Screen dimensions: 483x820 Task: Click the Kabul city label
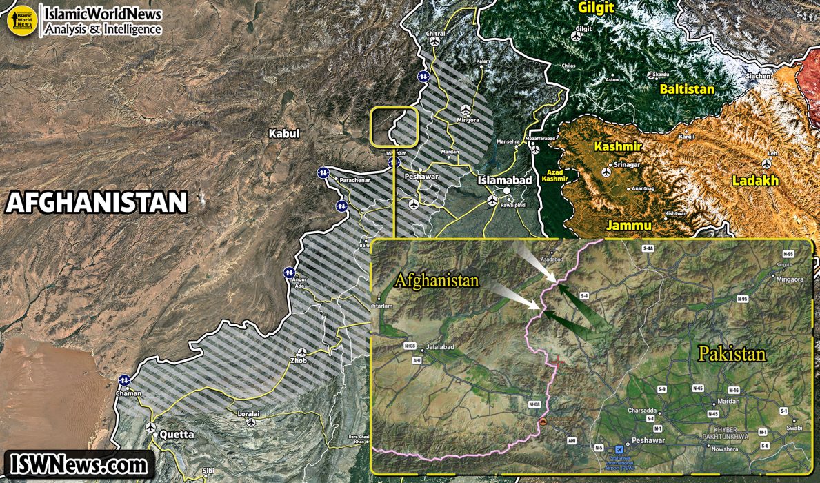[x=283, y=133]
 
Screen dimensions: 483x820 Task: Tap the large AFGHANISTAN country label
[x=97, y=202]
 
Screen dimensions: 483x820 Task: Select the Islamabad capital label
[x=506, y=180]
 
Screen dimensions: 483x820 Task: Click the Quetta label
[x=178, y=435]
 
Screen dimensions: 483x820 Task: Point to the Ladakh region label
[x=756, y=181]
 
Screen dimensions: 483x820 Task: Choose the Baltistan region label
[x=687, y=89]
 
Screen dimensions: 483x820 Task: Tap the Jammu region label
[x=628, y=225]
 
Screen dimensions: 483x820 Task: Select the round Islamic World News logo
[x=21, y=21]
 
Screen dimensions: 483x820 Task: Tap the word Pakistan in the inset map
[x=732, y=355]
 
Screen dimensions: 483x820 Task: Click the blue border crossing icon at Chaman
[x=125, y=379]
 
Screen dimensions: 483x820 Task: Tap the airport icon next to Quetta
[x=152, y=428]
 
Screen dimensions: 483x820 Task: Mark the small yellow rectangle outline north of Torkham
[x=394, y=127]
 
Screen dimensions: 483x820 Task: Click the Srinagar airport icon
[x=607, y=170]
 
